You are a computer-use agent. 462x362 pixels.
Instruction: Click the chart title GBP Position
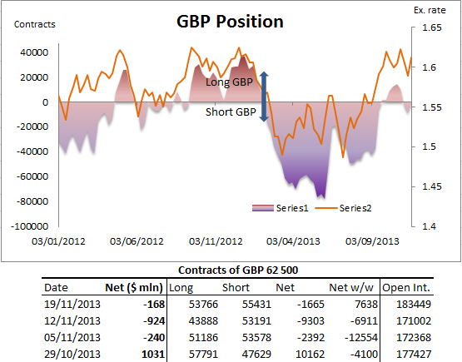pyautogui.click(x=230, y=22)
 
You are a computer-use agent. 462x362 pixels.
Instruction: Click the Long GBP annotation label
pyautogui.click(x=231, y=82)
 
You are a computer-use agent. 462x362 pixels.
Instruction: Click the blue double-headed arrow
pyautogui.click(x=264, y=97)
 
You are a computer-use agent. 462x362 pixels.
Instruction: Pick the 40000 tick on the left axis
pyautogui.click(x=32, y=52)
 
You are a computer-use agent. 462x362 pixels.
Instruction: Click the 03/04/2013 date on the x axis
pyautogui.click(x=292, y=241)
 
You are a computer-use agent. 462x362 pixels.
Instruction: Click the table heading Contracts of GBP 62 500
pyautogui.click(x=236, y=270)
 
